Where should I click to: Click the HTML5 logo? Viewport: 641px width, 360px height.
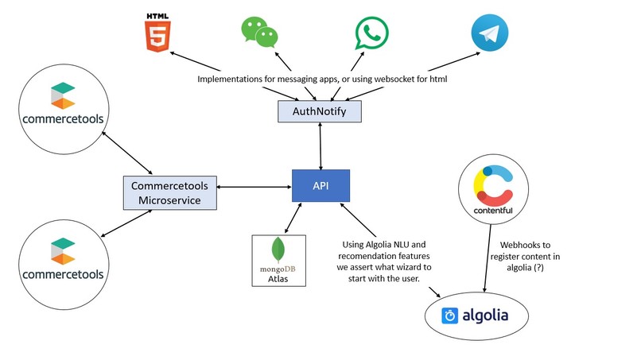click(x=157, y=33)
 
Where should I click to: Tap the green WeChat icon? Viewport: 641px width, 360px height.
click(x=259, y=32)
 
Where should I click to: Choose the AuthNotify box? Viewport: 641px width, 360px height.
click(x=319, y=112)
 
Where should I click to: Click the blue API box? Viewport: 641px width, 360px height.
click(x=320, y=184)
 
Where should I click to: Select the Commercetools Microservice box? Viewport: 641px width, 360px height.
click(x=171, y=192)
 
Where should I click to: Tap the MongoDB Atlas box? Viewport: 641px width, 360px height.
click(x=274, y=258)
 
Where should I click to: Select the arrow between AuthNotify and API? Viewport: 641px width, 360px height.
click(x=320, y=146)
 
